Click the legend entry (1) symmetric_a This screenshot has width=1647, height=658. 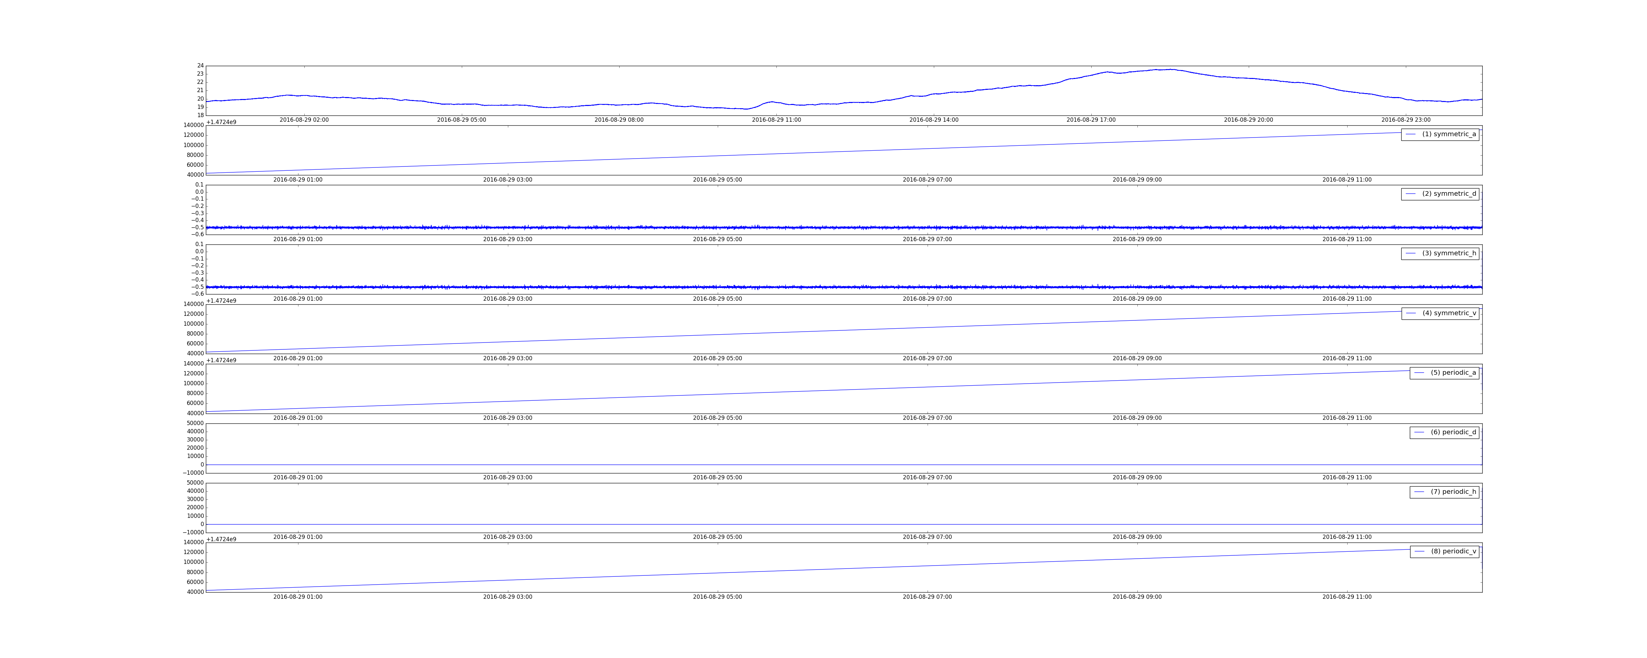1440,134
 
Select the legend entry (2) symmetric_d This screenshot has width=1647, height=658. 1440,193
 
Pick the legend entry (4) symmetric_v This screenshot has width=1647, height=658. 1440,313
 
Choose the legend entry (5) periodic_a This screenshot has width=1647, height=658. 1444,372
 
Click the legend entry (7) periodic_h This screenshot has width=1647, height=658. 1444,492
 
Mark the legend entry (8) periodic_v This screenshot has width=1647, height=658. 1444,551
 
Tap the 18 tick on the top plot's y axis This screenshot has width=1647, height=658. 200,115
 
